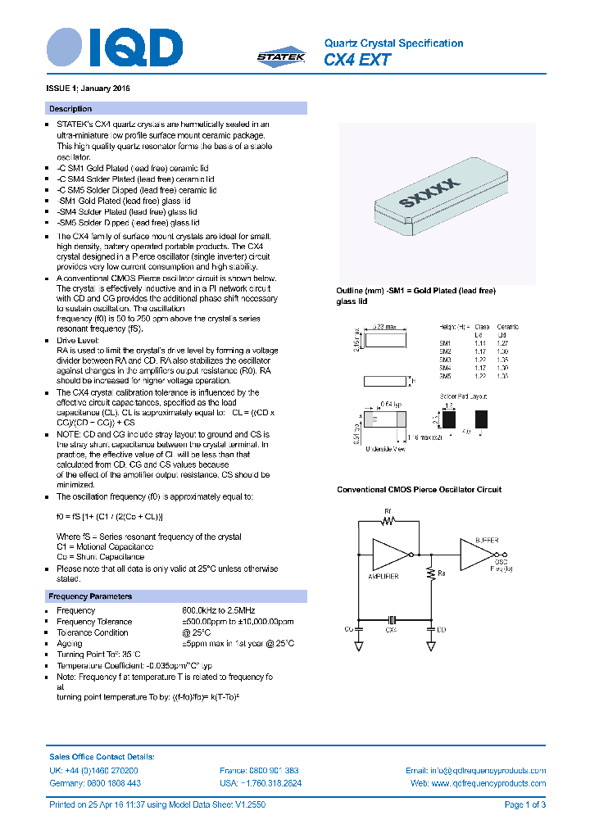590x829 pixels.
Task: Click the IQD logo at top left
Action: (x=114, y=48)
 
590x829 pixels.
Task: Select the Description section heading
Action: (x=70, y=109)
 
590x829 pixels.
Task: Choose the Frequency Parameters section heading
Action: (x=90, y=596)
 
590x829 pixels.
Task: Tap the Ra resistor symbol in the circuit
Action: (x=430, y=575)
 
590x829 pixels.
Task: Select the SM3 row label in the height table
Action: (x=445, y=360)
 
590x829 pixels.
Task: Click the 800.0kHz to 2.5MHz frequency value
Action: (x=218, y=611)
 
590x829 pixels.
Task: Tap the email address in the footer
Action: (x=476, y=771)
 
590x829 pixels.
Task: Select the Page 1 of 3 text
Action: (x=524, y=805)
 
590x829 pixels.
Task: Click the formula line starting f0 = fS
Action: (x=110, y=517)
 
